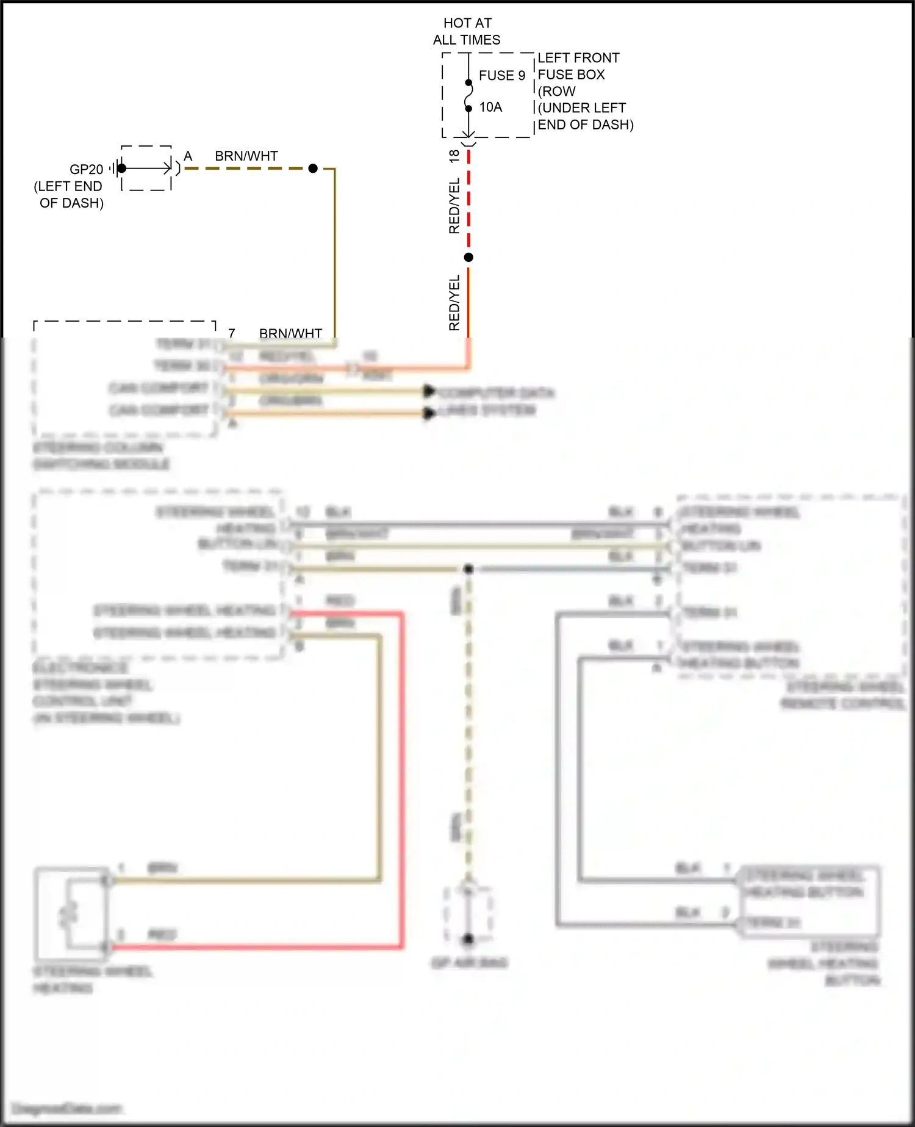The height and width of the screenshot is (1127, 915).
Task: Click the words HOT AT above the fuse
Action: pyautogui.click(x=467, y=23)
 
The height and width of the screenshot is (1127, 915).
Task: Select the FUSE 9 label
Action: pyautogui.click(x=501, y=76)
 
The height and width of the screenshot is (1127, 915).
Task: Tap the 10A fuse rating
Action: pyautogui.click(x=490, y=107)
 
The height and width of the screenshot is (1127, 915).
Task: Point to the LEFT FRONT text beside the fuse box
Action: pyautogui.click(x=578, y=58)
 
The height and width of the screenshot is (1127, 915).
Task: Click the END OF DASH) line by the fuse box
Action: pyautogui.click(x=585, y=125)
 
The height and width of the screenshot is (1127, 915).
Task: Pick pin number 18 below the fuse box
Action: pyautogui.click(x=454, y=156)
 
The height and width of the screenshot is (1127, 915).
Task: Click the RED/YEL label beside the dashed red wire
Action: pyautogui.click(x=454, y=206)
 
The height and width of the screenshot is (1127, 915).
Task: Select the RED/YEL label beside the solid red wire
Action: pyautogui.click(x=454, y=303)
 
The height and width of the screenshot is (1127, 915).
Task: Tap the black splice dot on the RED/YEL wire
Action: pyautogui.click(x=468, y=258)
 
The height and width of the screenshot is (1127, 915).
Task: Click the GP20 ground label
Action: pyautogui.click(x=87, y=169)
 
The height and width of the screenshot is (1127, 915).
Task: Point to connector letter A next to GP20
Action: pyautogui.click(x=188, y=156)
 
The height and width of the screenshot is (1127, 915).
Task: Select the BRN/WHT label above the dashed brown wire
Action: pyautogui.click(x=246, y=156)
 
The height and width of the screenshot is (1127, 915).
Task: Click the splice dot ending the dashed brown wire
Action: pyautogui.click(x=313, y=169)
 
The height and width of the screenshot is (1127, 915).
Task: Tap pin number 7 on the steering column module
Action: pyautogui.click(x=232, y=333)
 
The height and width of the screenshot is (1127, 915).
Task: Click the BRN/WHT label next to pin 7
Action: pyautogui.click(x=290, y=333)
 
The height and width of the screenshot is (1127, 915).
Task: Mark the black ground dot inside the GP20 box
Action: pyautogui.click(x=121, y=169)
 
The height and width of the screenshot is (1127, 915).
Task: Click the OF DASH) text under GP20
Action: pyautogui.click(x=71, y=203)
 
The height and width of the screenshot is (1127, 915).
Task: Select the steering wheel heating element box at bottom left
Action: pyautogui.click(x=72, y=913)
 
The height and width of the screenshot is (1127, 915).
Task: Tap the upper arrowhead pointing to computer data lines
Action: pyautogui.click(x=430, y=391)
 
